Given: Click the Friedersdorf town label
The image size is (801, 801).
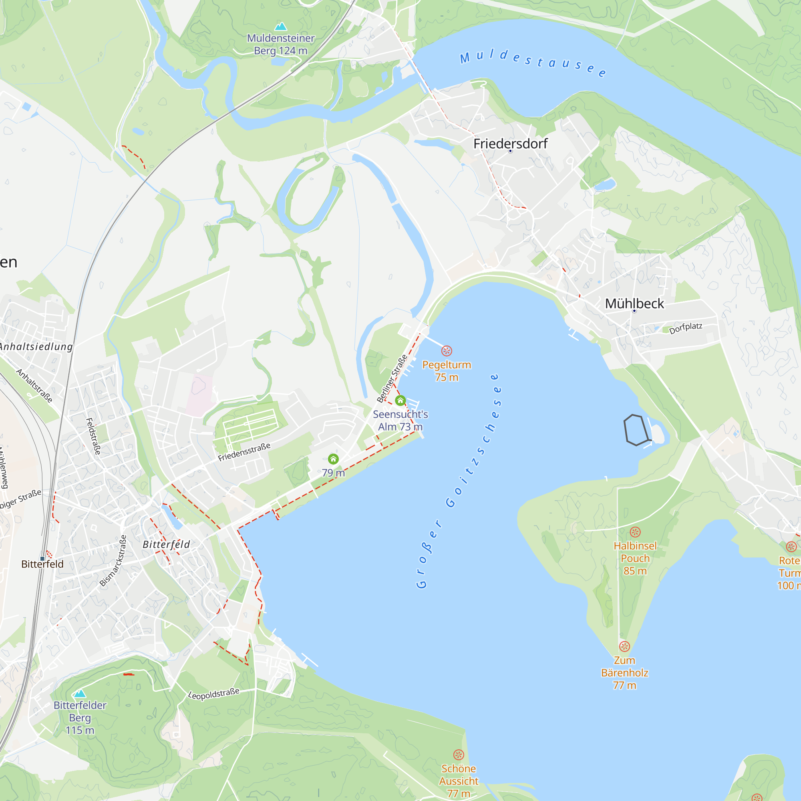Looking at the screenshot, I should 510,143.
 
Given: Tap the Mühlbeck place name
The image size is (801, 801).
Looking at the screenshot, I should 634,304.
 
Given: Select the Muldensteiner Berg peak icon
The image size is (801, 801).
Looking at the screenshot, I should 281,26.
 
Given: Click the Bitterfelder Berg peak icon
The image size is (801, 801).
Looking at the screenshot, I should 80,694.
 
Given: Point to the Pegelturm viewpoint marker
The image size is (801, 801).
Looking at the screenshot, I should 447,351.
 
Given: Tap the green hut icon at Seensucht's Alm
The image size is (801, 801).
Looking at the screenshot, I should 400,400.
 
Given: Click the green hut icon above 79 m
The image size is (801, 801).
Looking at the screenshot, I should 333,459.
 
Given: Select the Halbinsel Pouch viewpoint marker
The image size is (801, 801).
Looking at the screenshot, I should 635,531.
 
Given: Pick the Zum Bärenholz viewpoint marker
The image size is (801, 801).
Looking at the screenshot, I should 624,646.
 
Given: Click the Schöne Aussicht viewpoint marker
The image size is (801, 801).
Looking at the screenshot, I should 458,755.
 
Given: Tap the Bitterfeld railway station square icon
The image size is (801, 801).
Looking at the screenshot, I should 42,558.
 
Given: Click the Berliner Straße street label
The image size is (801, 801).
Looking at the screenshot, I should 392,378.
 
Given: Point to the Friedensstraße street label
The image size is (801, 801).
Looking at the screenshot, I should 244,452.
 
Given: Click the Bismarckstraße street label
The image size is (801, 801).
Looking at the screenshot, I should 113,561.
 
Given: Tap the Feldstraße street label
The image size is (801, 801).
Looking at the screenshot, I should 93,436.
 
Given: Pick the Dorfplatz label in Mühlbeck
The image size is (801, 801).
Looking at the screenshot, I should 686,328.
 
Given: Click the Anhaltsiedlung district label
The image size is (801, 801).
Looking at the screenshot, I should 36,346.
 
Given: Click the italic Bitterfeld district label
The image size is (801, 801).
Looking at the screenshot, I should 166,544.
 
